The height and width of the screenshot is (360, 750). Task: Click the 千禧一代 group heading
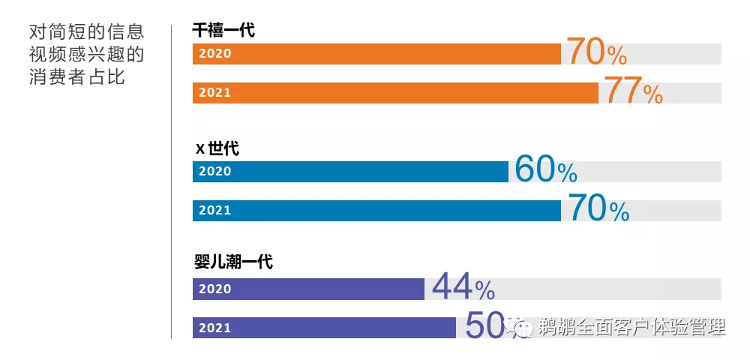(223, 31)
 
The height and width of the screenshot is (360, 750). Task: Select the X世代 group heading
(217, 148)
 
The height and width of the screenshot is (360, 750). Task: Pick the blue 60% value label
(545, 171)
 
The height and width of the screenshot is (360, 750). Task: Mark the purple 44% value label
(463, 287)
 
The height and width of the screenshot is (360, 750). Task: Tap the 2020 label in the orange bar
(215, 54)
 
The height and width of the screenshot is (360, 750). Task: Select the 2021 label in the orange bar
(215, 93)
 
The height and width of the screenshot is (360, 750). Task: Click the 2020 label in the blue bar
(215, 172)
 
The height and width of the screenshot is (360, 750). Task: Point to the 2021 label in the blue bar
(215, 211)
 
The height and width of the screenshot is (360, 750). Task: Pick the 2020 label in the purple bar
(215, 289)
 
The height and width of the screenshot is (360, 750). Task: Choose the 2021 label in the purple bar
(215, 328)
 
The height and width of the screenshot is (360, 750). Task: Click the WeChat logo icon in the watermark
(518, 326)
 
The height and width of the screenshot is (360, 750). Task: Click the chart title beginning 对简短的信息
(86, 55)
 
